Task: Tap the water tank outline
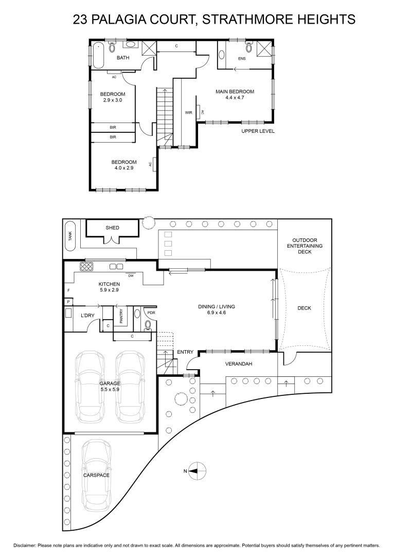(x=70, y=236)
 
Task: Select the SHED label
(x=112, y=228)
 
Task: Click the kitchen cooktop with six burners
(x=86, y=266)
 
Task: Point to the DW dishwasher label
(x=131, y=275)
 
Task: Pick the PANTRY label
(x=121, y=316)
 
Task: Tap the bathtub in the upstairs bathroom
(x=98, y=56)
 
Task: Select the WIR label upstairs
(x=188, y=112)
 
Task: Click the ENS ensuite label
(x=242, y=59)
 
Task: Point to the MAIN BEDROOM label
(x=235, y=92)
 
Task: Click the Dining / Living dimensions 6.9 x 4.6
(x=217, y=313)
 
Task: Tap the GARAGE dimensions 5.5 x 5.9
(x=110, y=389)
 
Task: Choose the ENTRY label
(x=185, y=352)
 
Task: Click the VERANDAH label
(x=239, y=364)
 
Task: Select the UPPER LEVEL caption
(x=258, y=131)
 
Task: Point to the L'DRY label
(x=87, y=315)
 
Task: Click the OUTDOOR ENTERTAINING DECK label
(x=305, y=246)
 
